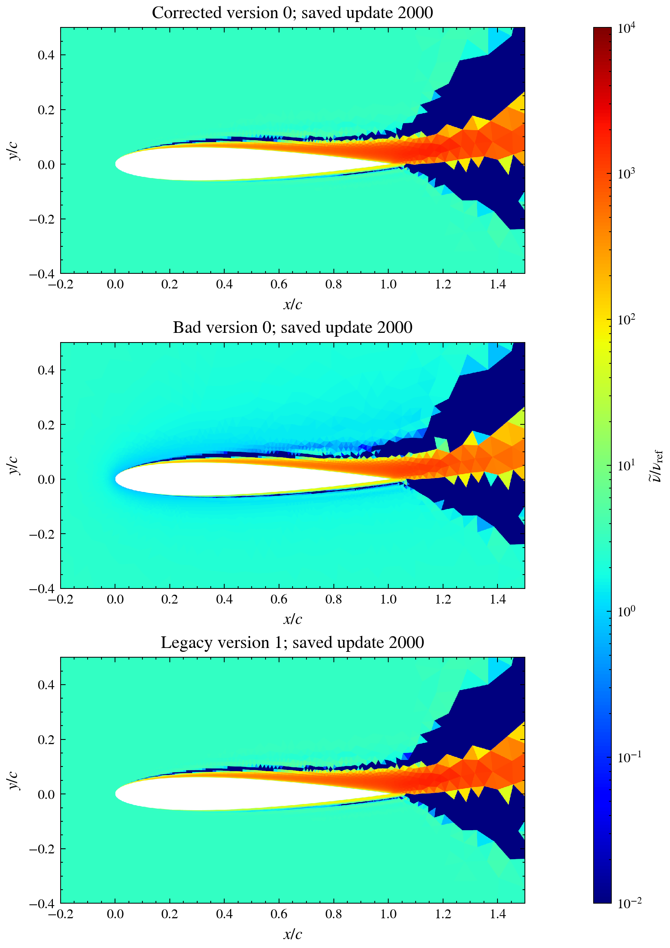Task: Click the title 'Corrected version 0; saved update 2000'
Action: point(293,13)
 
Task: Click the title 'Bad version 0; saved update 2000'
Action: point(293,327)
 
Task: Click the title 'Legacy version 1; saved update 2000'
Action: point(293,643)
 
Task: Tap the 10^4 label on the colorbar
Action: point(626,28)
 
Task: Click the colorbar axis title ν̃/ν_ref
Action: point(657,466)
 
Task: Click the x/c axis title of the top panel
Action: point(293,304)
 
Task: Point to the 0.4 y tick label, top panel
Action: point(46,55)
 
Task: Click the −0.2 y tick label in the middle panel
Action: point(42,534)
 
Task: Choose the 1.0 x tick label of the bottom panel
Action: point(388,914)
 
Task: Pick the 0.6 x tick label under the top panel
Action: point(279,285)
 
